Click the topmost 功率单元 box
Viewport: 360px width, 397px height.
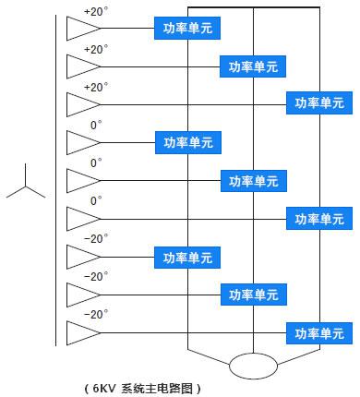click(188, 29)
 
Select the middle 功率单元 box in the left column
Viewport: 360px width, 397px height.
click(188, 142)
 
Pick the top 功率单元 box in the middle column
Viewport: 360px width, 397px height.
click(253, 66)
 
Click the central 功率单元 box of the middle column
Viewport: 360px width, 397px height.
click(253, 180)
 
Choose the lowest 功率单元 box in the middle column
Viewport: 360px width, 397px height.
click(253, 295)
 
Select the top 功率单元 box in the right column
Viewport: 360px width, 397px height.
click(319, 103)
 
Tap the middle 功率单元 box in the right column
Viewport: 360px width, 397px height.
click(319, 218)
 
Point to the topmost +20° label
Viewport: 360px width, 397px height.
click(95, 12)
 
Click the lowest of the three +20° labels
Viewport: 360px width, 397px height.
click(95, 87)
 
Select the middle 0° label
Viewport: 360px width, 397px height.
click(96, 162)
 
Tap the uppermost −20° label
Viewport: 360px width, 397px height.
click(96, 238)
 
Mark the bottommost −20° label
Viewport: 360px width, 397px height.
click(96, 314)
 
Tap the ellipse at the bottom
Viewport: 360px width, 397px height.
click(253, 365)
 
